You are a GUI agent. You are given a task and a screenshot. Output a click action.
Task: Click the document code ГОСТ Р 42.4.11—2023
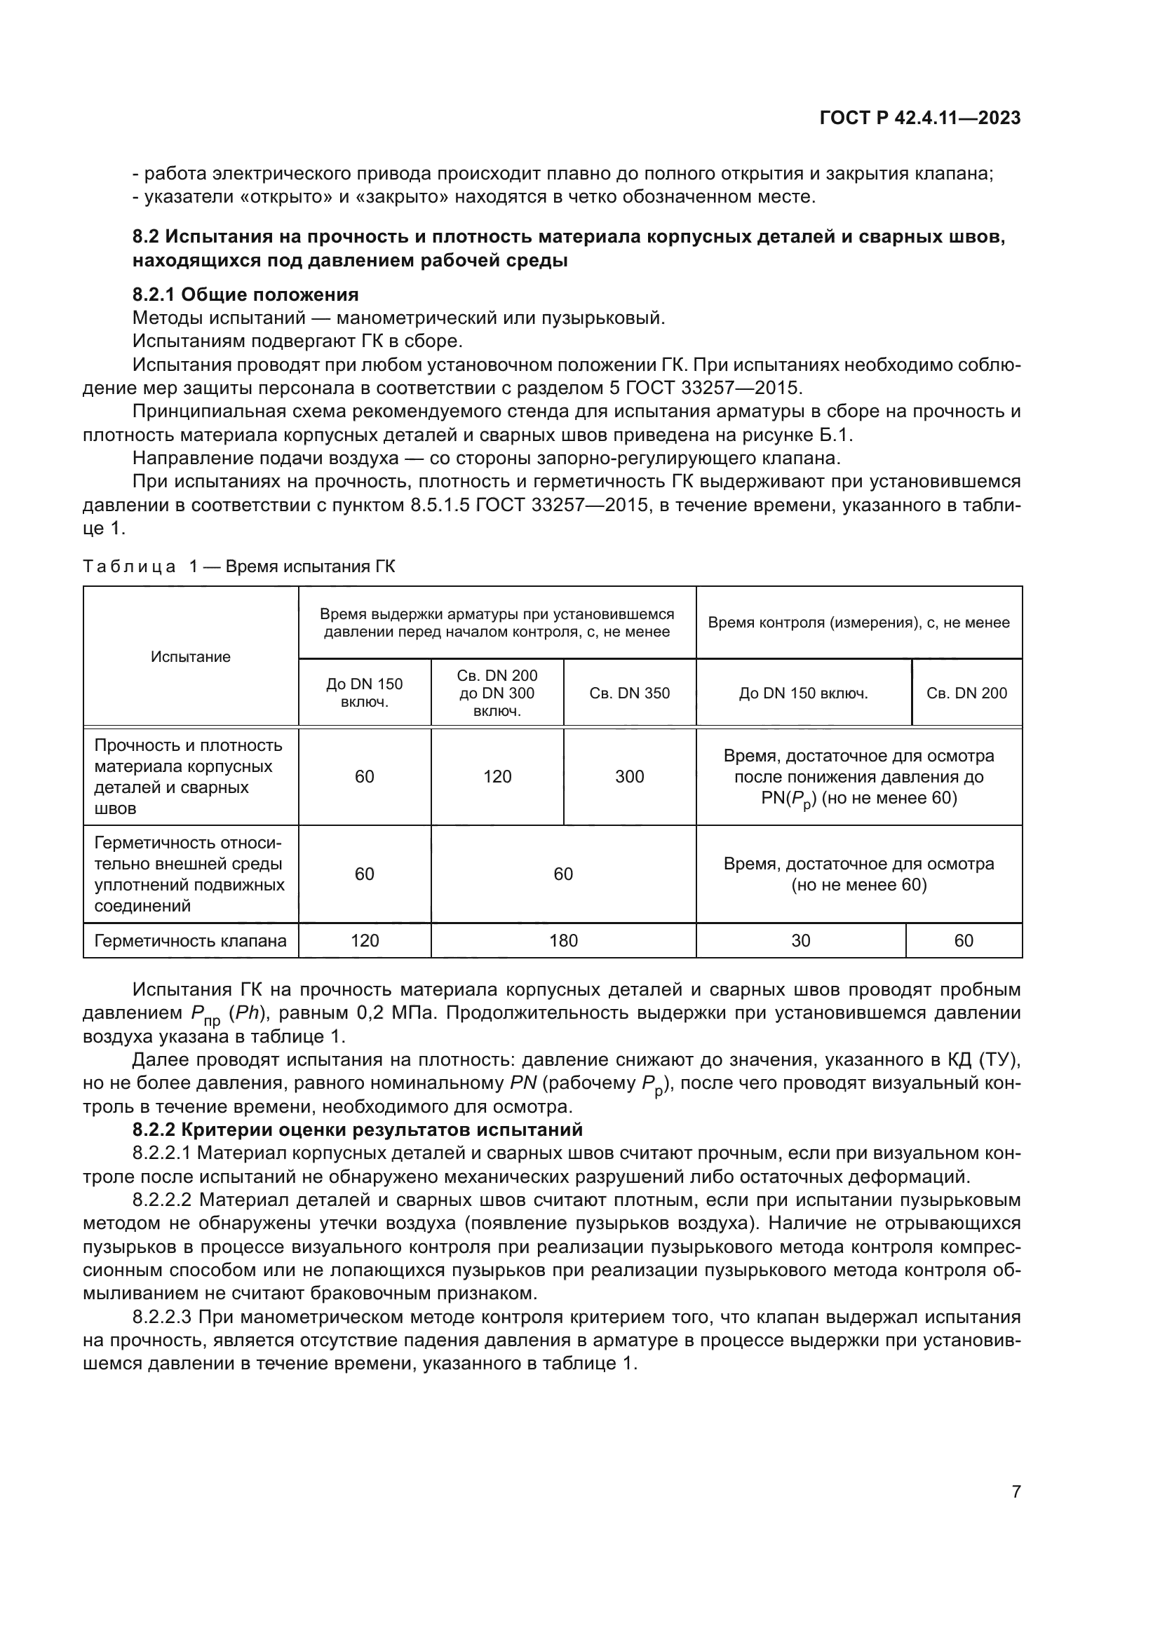pos(919,118)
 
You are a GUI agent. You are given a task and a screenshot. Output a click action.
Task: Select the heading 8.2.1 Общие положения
pos(245,294)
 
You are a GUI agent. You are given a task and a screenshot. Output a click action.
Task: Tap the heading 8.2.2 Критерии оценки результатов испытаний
pos(357,1130)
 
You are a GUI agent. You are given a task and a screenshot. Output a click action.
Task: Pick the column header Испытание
pos(191,656)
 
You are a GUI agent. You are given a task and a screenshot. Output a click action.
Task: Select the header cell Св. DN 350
pos(629,693)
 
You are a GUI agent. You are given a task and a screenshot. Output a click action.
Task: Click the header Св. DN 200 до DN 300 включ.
pos(497,693)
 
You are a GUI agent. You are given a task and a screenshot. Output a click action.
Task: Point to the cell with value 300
pos(629,776)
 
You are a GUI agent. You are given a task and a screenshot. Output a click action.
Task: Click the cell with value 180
pos(563,941)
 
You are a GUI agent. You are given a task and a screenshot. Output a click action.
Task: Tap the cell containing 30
pos(801,941)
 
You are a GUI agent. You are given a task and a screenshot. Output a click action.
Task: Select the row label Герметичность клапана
pos(191,941)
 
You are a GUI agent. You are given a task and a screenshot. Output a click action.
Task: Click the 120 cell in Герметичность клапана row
pos(364,941)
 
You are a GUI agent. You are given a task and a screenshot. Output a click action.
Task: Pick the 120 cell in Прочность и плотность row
pos(497,776)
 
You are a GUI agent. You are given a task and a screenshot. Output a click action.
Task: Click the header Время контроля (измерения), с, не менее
pos(858,622)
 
